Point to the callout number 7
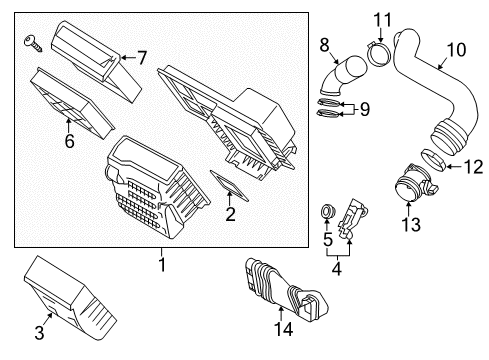tap(141, 58)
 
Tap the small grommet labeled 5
tap(325, 212)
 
